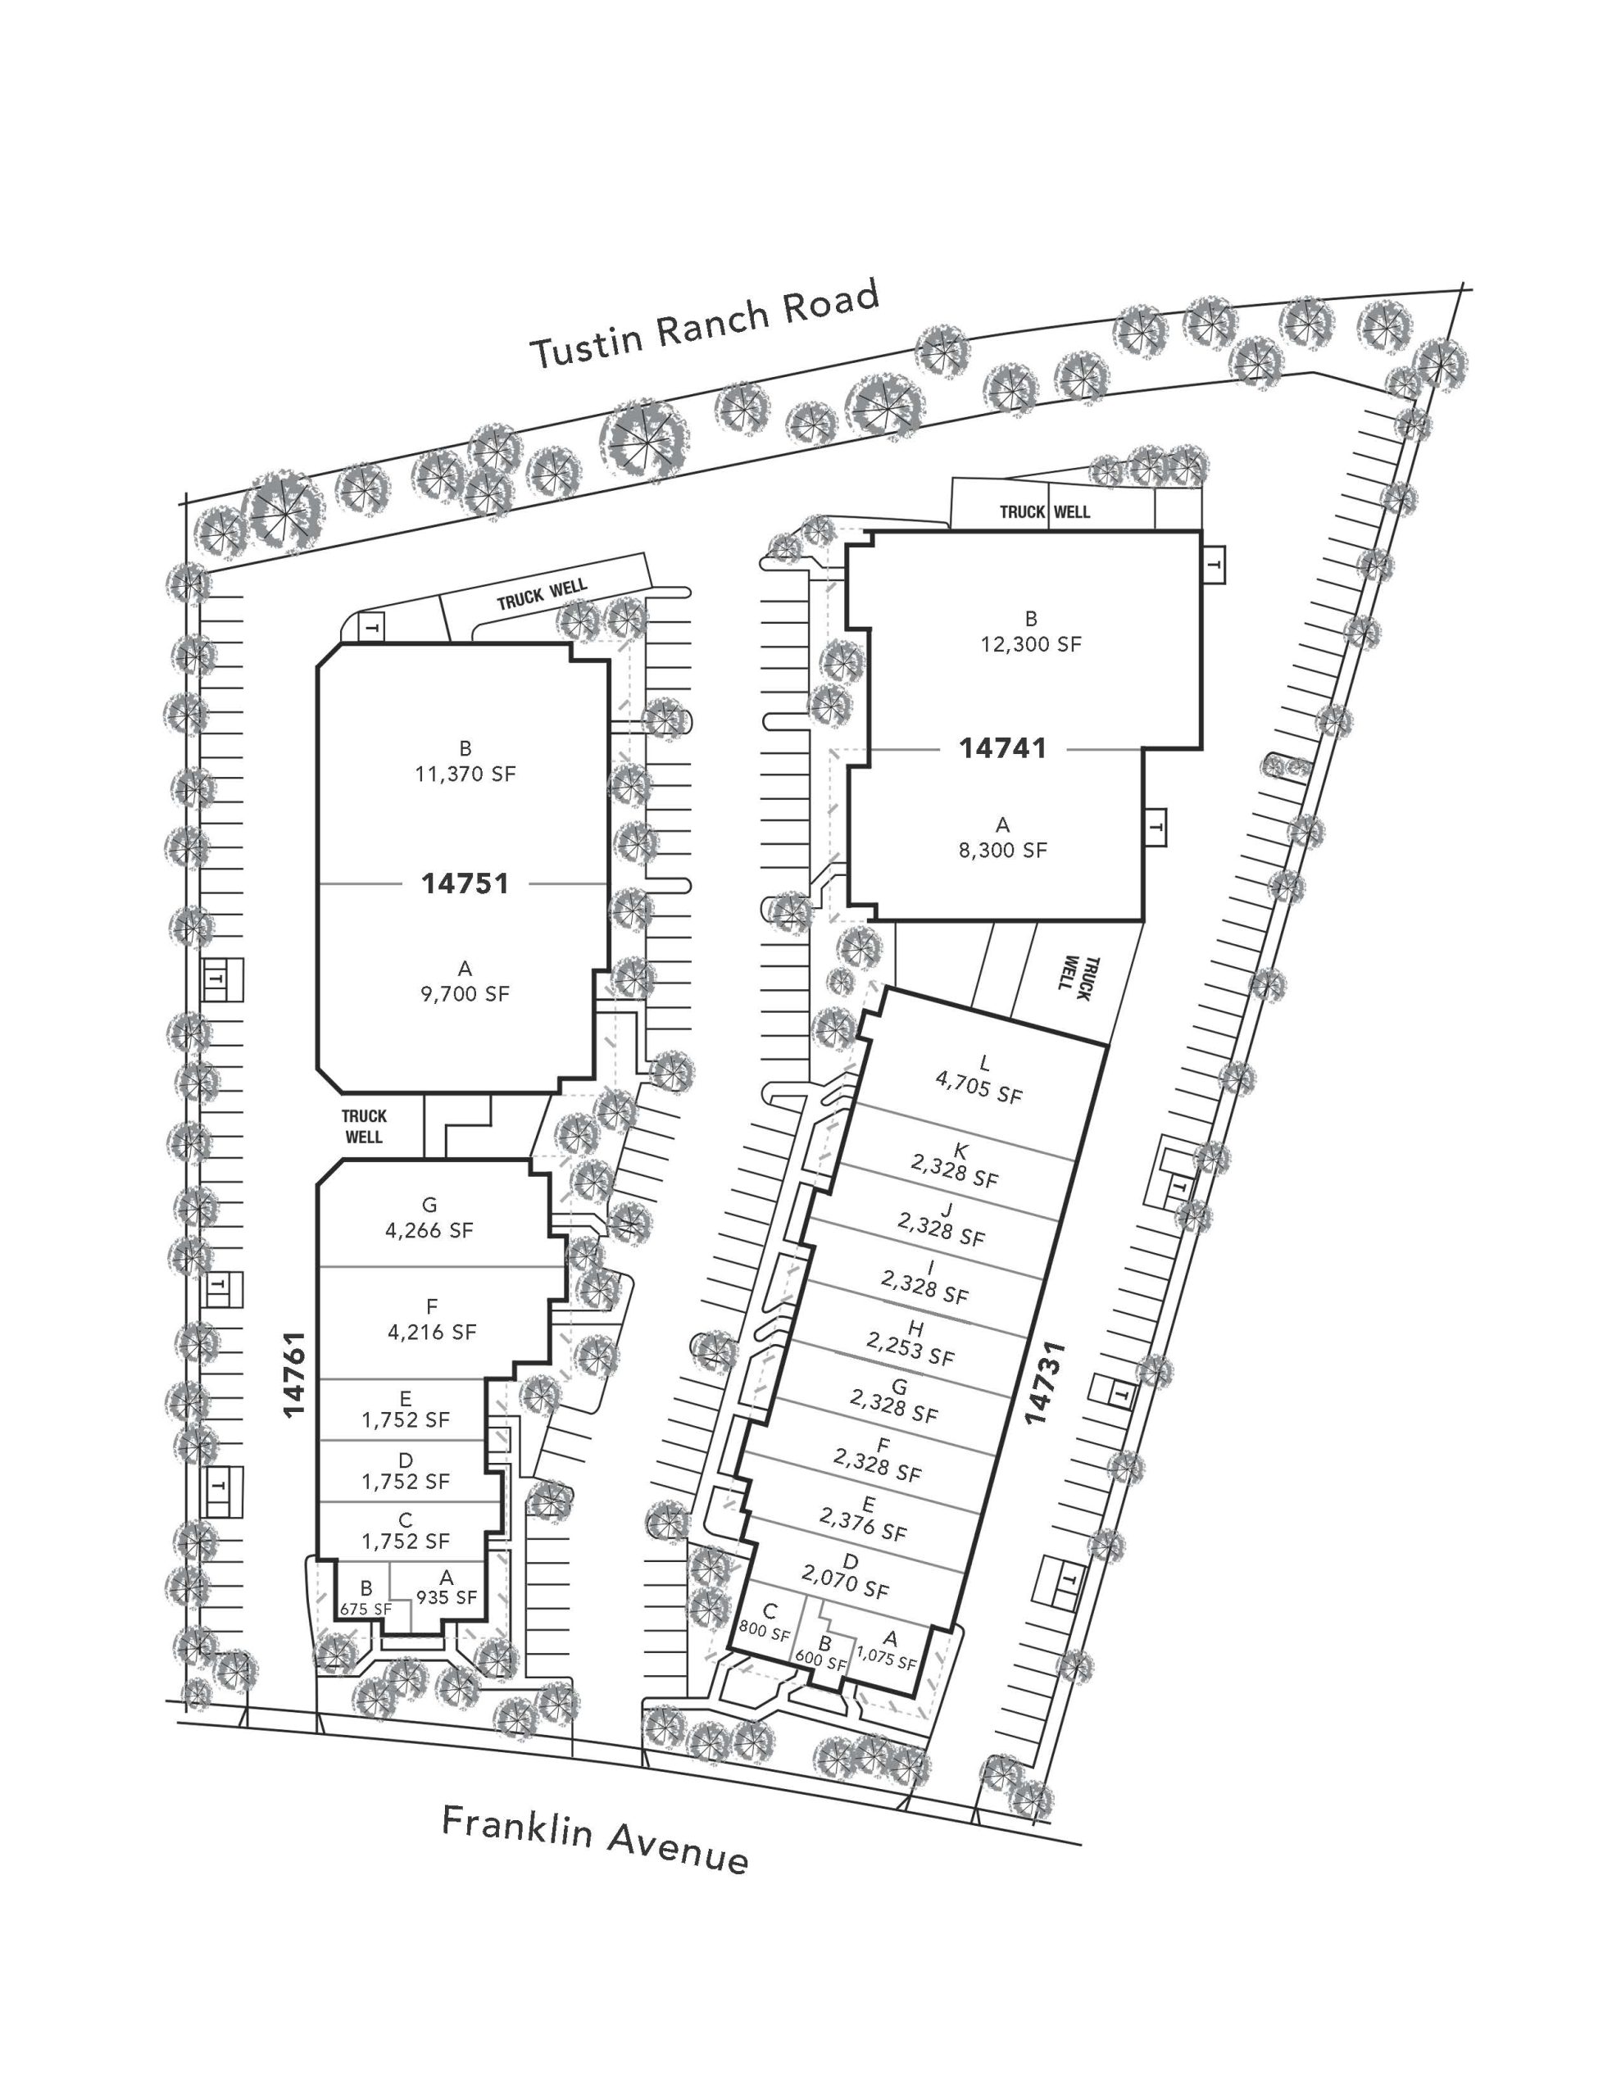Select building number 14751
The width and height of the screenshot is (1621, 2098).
pyautogui.click(x=465, y=883)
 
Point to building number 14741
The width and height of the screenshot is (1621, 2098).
pyautogui.click(x=1002, y=747)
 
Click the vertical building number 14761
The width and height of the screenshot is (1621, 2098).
pyautogui.click(x=294, y=1373)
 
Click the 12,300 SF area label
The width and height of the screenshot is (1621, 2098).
pyautogui.click(x=1030, y=643)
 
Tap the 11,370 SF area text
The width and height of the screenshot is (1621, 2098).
pyautogui.click(x=465, y=774)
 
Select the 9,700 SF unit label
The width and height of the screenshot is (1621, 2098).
pyautogui.click(x=465, y=993)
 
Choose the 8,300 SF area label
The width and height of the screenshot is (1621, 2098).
pyautogui.click(x=1002, y=849)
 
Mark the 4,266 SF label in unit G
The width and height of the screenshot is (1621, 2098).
pyautogui.click(x=429, y=1229)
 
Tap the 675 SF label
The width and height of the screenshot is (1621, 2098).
pyautogui.click(x=366, y=1609)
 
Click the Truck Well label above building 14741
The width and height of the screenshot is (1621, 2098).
pyautogui.click(x=1045, y=511)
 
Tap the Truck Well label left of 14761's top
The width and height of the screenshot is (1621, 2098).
pyautogui.click(x=364, y=1126)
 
